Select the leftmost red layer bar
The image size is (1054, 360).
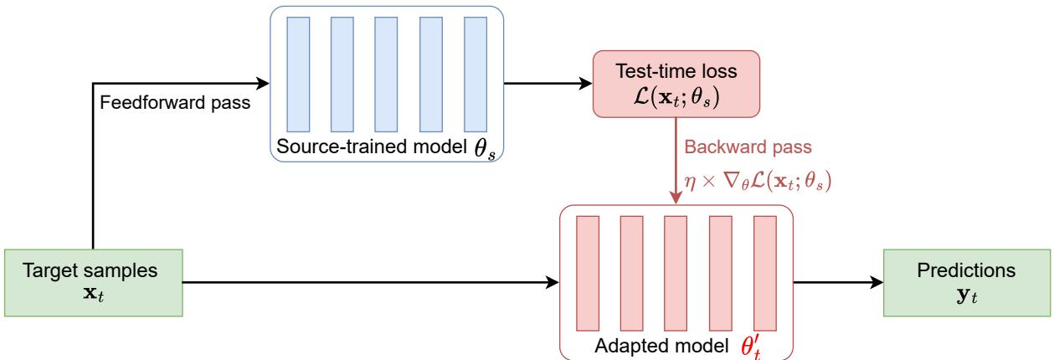coord(588,273)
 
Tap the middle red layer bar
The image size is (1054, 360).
coord(675,273)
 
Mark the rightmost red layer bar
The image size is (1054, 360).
coord(763,273)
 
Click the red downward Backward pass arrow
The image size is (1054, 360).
coord(676,167)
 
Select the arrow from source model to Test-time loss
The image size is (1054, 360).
coord(545,83)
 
